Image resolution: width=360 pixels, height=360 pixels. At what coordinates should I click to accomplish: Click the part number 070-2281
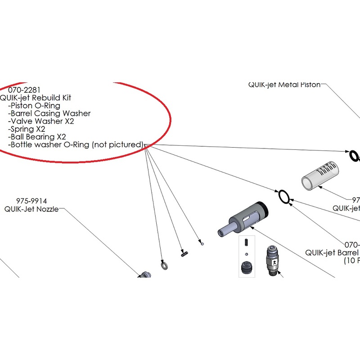(x=21, y=90)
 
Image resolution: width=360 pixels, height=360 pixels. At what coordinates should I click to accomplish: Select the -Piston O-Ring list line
(x=34, y=106)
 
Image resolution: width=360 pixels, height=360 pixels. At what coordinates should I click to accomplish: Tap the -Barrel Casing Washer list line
(x=49, y=113)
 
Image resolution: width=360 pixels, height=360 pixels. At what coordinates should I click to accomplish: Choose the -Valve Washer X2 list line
(x=41, y=121)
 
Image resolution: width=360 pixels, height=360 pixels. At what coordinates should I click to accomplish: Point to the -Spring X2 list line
(x=27, y=129)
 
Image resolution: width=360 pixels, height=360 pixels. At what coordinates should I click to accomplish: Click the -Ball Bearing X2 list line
(x=37, y=137)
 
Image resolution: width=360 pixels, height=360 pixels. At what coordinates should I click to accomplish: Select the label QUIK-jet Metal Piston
(x=284, y=85)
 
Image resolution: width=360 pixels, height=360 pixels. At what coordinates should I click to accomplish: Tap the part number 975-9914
(x=31, y=201)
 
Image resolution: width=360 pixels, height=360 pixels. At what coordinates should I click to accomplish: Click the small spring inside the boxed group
(x=246, y=243)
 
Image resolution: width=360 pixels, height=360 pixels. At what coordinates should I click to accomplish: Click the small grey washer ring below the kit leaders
(x=164, y=265)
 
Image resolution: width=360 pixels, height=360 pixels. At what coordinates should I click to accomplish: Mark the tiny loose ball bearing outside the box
(x=202, y=243)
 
